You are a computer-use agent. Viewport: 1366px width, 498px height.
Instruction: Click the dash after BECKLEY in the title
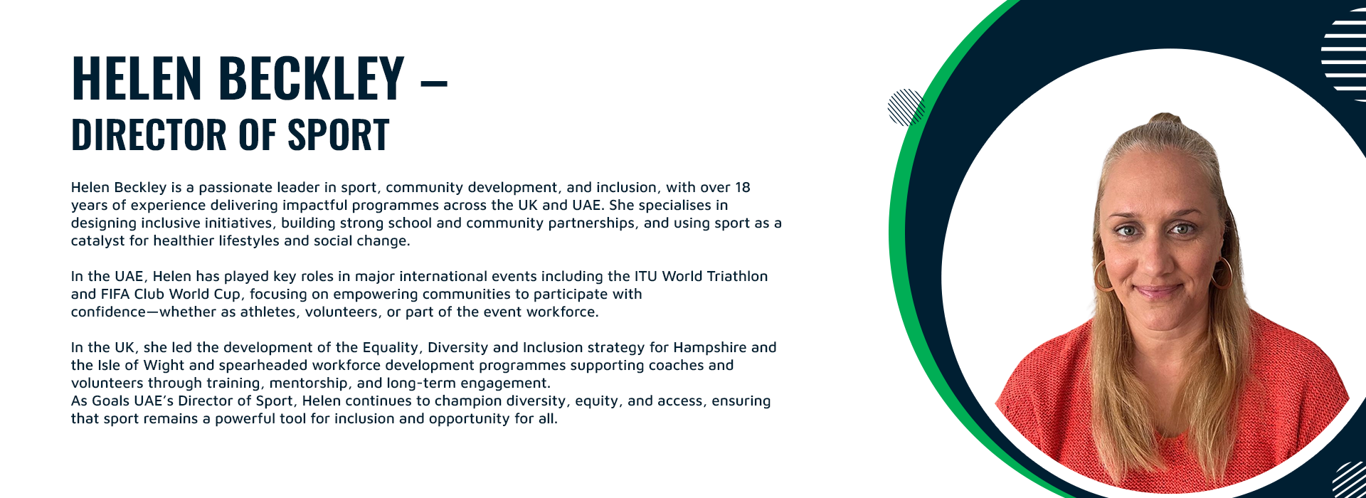coord(434,83)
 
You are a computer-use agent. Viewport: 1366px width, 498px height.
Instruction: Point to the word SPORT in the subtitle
coord(338,134)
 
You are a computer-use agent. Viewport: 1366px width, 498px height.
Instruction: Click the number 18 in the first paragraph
coord(742,187)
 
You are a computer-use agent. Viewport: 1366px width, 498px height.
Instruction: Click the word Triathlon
coord(737,276)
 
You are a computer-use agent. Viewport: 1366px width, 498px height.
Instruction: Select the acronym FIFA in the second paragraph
coord(115,294)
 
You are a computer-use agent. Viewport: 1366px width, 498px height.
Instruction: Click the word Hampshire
coord(710,348)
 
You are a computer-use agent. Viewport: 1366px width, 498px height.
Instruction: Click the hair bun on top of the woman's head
coord(1165,120)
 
